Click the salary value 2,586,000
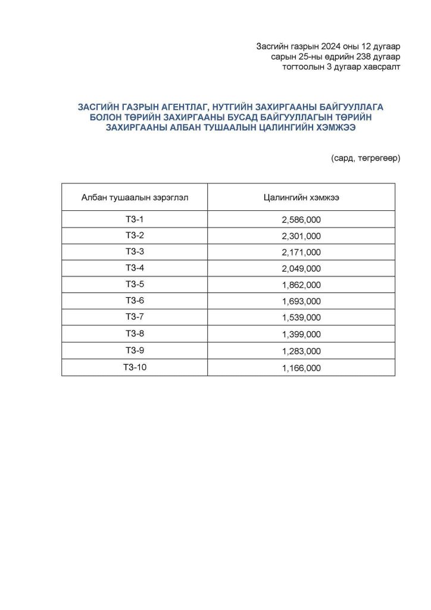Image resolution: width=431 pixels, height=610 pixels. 301,220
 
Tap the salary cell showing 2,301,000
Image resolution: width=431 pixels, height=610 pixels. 301,236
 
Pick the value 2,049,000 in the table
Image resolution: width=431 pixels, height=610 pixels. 301,269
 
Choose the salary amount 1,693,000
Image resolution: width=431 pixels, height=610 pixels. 301,301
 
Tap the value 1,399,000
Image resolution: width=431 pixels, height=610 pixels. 301,334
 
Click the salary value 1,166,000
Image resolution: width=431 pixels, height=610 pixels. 301,368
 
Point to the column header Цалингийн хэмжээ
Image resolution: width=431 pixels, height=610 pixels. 301,198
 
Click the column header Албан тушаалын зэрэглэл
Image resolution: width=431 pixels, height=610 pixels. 135,198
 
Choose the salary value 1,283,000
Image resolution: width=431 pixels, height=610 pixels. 301,351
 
